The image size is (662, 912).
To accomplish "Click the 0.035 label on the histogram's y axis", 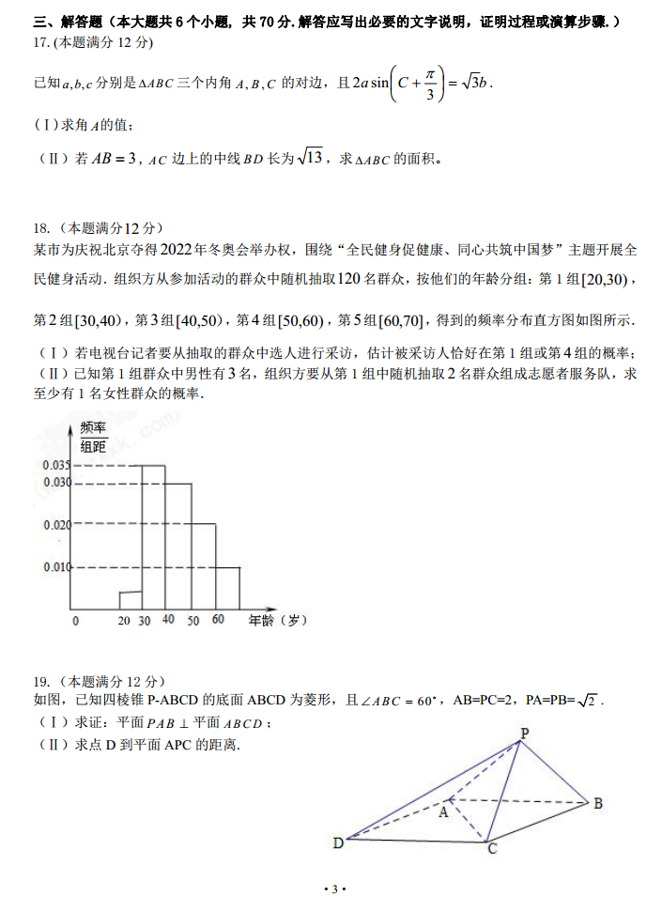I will click(x=56, y=465).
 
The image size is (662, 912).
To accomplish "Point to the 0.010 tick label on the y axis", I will click(x=56, y=566).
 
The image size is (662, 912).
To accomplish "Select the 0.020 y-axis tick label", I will click(x=56, y=524).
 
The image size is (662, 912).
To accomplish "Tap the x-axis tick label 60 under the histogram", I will click(x=218, y=620).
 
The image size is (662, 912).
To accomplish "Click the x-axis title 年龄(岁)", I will click(x=278, y=621).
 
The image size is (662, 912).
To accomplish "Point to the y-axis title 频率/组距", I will click(x=93, y=437).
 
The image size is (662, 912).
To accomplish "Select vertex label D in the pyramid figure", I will click(x=338, y=842).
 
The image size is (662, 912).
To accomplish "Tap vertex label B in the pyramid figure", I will click(x=597, y=802).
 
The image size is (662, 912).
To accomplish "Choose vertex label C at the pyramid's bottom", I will click(x=490, y=849).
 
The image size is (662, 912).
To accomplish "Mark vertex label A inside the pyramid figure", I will click(x=443, y=812).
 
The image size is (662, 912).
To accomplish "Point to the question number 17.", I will click(x=40, y=43).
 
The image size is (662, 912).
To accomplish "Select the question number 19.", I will click(x=40, y=682).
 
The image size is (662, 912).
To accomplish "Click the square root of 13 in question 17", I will click(x=309, y=158).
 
